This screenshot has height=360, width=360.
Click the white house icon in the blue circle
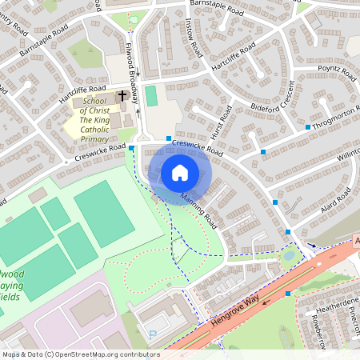coord(179,172)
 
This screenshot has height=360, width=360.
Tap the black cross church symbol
coord(122,96)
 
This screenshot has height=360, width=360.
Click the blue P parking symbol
coord(153,335)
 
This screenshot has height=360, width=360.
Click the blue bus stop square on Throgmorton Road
coord(308,127)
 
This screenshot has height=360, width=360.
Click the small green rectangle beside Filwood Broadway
coord(150,96)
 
